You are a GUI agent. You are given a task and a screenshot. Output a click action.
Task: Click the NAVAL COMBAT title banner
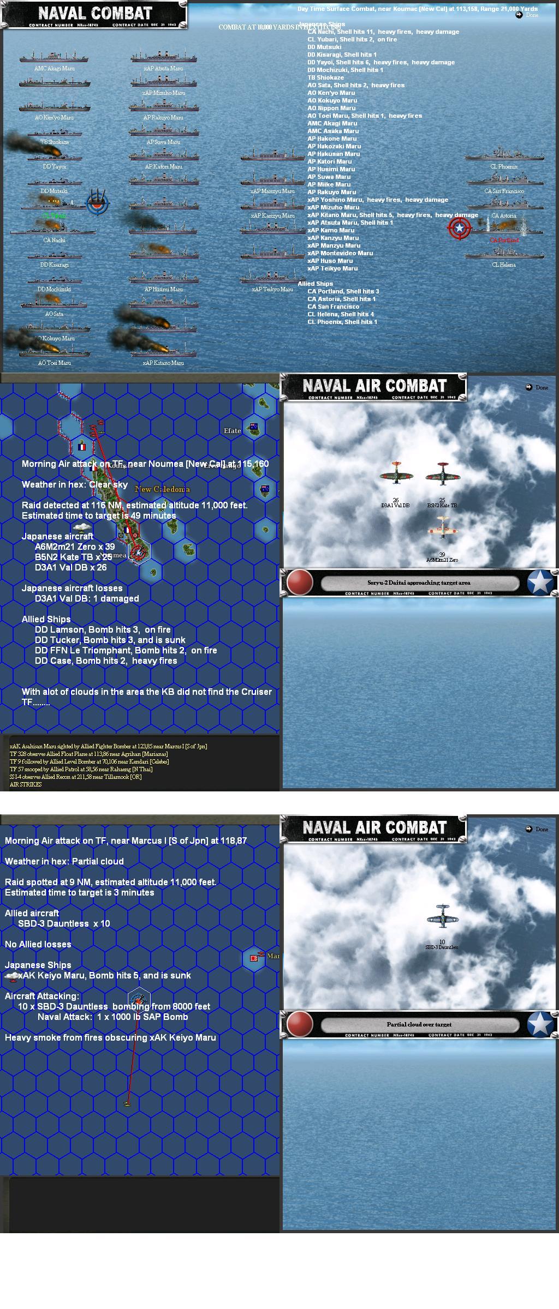94,14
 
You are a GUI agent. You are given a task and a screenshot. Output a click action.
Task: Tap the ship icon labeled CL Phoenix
504,154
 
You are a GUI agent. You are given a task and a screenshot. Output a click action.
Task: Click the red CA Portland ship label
504,240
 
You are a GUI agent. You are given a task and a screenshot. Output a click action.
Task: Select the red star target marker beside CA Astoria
459,228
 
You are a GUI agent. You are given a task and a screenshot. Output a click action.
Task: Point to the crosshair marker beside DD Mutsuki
98,203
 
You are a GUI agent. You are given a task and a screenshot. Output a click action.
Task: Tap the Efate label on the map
232,431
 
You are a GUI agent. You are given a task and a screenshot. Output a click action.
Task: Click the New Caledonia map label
162,489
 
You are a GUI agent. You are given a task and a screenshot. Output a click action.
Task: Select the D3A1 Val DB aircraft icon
396,474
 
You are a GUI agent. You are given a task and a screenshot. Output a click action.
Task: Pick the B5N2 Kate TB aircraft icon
442,474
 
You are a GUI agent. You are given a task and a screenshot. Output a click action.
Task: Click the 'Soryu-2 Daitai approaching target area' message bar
419,583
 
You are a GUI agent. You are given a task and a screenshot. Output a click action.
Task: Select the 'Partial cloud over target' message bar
419,1024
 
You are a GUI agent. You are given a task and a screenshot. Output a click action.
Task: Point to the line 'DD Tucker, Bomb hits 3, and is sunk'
110,640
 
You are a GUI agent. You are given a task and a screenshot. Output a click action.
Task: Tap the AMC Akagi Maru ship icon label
54,69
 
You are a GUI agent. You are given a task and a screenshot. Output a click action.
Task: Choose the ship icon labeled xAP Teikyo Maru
272,277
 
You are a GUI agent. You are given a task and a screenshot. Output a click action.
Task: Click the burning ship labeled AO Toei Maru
54,351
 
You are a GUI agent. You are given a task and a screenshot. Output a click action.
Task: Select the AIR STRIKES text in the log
26,784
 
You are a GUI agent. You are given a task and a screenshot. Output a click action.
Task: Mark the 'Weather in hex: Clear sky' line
75,484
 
